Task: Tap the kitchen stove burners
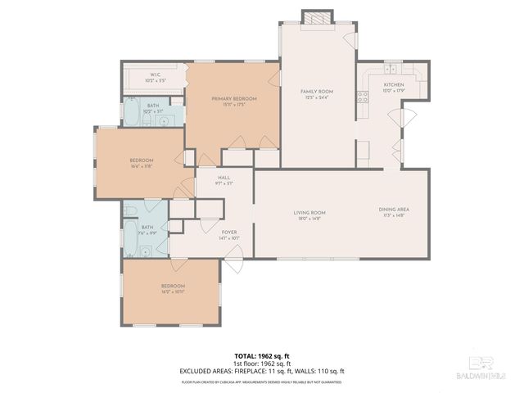click(361, 96)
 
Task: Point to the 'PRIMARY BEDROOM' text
click(234, 98)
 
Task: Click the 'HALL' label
click(224, 178)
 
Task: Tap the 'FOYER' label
click(229, 232)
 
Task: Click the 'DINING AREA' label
click(394, 210)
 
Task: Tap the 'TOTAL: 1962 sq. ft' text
click(262, 357)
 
